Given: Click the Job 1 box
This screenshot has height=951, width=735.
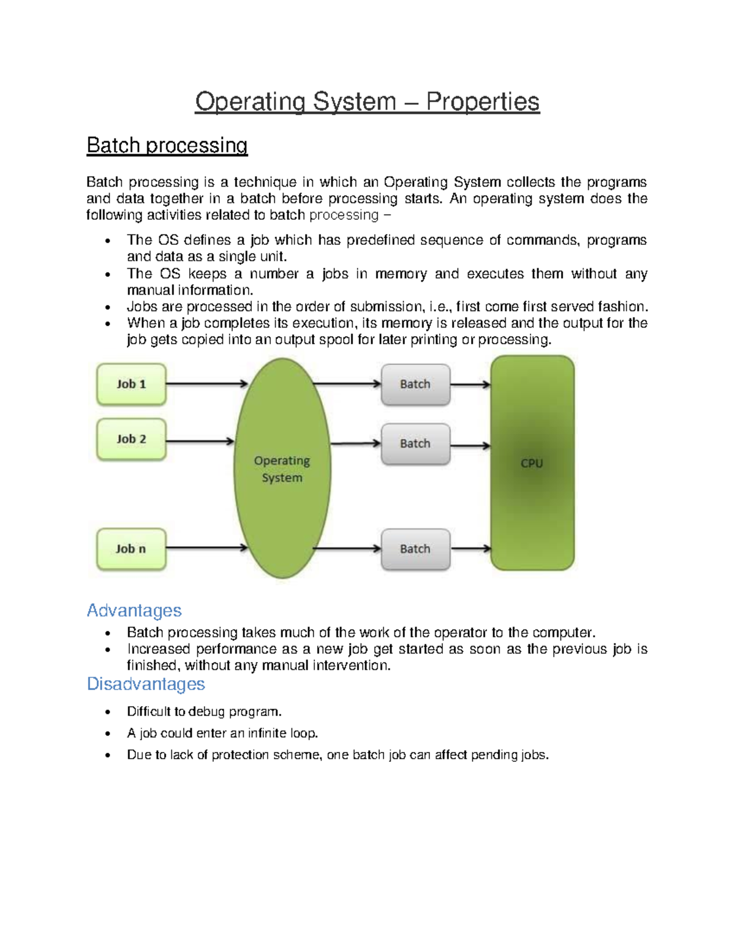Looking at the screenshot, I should click(131, 385).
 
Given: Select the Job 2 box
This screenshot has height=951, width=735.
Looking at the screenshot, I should click(131, 439).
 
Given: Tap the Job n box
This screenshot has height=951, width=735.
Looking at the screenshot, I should click(131, 549).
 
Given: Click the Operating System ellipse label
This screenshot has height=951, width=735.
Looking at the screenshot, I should click(282, 469).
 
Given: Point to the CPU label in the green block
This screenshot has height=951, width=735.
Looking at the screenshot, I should click(532, 464).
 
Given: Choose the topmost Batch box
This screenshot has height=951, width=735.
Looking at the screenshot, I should click(415, 385).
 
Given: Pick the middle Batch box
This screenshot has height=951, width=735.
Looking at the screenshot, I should click(415, 444).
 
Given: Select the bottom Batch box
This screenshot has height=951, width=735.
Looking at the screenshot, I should click(415, 549).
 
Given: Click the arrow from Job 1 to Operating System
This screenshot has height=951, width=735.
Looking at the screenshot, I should click(206, 384).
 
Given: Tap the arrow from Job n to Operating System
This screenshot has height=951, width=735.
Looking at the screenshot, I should click(206, 548).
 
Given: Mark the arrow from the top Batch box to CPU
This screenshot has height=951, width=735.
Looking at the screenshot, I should click(470, 385).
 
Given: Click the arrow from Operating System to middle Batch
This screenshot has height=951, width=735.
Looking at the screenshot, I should click(355, 443).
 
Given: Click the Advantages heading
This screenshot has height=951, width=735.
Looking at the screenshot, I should click(134, 611).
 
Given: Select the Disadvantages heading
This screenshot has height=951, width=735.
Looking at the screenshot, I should click(146, 684).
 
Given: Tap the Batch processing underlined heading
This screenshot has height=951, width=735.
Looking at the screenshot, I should click(167, 145).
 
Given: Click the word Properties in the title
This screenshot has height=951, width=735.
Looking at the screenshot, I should click(483, 102).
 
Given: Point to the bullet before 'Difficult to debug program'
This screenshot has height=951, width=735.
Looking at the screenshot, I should click(108, 712).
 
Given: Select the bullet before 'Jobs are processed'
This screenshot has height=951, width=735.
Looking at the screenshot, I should click(108, 307).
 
